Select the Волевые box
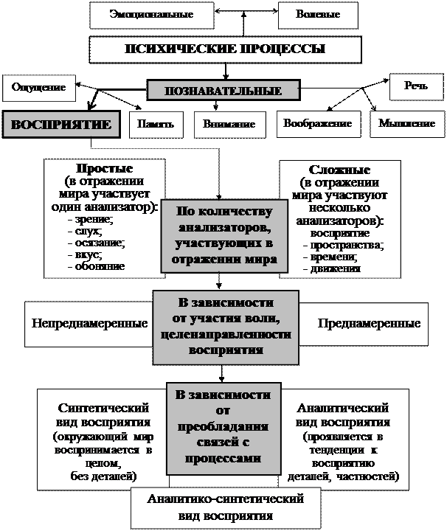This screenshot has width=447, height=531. [317, 15]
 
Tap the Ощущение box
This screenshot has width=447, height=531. [39, 88]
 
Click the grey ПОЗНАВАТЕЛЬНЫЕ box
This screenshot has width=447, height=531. [223, 91]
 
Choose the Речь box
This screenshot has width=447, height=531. [416, 87]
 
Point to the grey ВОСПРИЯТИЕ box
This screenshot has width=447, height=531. [62, 125]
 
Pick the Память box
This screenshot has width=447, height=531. [156, 125]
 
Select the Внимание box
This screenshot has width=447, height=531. [229, 125]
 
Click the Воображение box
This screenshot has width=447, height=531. [317, 124]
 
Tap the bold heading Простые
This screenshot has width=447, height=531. [100, 168]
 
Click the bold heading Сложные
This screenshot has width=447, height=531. [339, 170]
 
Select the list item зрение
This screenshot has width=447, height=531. [93, 219]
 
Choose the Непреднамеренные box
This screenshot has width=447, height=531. [89, 324]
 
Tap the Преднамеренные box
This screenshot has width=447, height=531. [369, 324]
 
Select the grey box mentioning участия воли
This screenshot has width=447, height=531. [226, 327]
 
